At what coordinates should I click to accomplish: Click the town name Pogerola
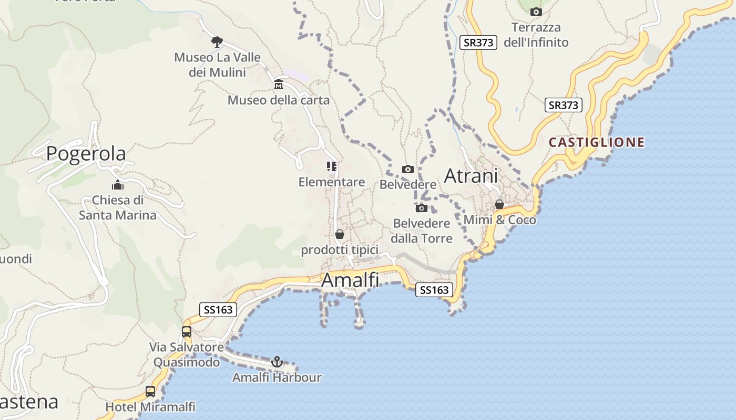[x=86, y=153]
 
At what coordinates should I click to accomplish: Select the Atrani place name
[x=471, y=176]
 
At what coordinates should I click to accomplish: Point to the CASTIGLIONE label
[x=597, y=142]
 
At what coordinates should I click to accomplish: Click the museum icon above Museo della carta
[x=279, y=85]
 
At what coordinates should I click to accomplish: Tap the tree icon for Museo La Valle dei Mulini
[x=217, y=42]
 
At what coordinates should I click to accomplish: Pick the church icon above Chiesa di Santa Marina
[x=117, y=185]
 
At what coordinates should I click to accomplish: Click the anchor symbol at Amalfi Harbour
[x=277, y=362]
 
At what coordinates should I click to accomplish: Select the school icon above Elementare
[x=332, y=167]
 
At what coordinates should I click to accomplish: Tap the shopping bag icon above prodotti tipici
[x=340, y=234]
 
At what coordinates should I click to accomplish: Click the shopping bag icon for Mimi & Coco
[x=499, y=204]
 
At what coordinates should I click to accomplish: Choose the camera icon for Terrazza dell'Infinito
[x=536, y=12]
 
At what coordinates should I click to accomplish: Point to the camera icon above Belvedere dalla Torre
[x=422, y=208]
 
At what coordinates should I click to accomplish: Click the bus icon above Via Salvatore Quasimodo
[x=187, y=332]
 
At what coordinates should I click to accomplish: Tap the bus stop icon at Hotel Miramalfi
[x=150, y=392]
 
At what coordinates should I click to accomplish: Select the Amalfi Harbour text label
[x=277, y=377]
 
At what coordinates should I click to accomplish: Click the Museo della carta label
[x=279, y=100]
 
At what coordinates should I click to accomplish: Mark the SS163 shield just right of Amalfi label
[x=434, y=290]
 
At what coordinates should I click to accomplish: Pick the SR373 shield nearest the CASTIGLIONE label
[x=563, y=105]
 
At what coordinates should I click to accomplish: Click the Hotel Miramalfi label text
[x=150, y=407]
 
